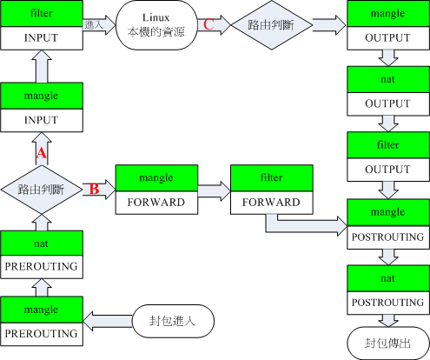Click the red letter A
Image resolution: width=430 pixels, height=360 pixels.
point(39,153)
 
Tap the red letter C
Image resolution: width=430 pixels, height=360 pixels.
point(208,24)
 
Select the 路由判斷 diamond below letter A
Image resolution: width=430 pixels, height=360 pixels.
point(41,188)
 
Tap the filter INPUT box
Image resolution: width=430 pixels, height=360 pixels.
point(41,26)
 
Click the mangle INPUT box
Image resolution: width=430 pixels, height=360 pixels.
point(41,106)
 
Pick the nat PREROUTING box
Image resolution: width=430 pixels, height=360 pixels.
point(41,254)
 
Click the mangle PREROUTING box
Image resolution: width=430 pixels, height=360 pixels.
point(41,320)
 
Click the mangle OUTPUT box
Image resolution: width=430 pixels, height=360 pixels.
point(387,26)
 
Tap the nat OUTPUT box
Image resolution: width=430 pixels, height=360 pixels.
point(387,90)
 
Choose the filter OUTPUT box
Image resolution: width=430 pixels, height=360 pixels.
point(387,157)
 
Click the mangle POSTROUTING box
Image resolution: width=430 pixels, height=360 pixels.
point(387,223)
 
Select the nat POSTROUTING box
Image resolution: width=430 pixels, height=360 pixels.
point(387,289)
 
